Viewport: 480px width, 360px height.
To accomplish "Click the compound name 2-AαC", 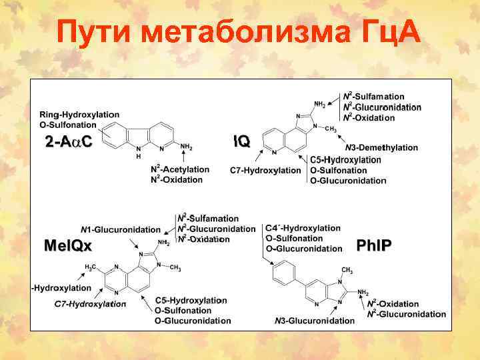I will pyautogui.click(x=68, y=141).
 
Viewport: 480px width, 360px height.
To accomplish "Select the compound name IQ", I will pyautogui.click(x=241, y=141).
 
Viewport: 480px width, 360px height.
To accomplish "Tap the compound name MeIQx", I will pyautogui.click(x=67, y=245).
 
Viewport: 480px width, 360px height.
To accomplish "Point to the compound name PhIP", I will pyautogui.click(x=374, y=245).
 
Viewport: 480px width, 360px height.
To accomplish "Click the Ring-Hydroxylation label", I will pyautogui.click(x=79, y=115).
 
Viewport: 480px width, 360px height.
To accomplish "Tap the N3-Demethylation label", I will pyautogui.click(x=381, y=147).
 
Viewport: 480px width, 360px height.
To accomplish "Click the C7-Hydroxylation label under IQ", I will pyautogui.click(x=265, y=171).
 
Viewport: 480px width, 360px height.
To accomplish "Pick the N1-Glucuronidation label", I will pyautogui.click(x=121, y=229).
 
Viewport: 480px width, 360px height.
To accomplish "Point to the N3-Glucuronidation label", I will pyautogui.click(x=315, y=321).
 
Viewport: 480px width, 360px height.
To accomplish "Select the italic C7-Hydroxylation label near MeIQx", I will pyautogui.click(x=90, y=304).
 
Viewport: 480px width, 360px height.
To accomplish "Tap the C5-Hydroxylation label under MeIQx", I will pyautogui.click(x=191, y=301).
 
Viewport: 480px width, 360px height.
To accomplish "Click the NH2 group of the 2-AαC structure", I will pyautogui.click(x=186, y=147).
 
